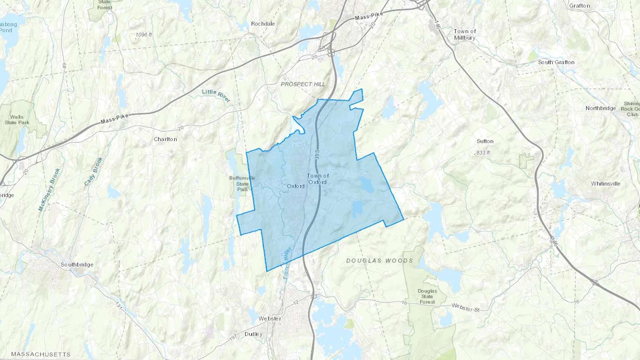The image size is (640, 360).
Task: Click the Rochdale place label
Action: tap(263, 24)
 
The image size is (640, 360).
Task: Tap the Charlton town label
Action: tap(165, 139)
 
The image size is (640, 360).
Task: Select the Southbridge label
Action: tap(77, 264)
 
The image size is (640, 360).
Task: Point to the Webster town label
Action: tap(270, 318)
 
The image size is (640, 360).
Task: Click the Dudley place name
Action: tap(254, 334)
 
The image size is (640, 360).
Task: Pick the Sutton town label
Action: tap(485, 141)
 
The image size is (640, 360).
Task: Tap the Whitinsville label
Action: tap(606, 184)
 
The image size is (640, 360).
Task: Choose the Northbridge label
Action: tap(601, 108)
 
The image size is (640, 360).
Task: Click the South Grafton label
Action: tap(556, 62)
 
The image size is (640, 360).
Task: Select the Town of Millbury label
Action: tap(465, 34)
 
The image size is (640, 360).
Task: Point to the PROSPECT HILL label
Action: tap(303, 84)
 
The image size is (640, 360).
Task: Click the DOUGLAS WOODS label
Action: tap(380, 260)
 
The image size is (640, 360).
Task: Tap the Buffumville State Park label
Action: tap(242, 183)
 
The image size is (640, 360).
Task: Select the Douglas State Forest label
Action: tap(427, 296)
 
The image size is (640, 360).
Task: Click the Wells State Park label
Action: tap(17, 120)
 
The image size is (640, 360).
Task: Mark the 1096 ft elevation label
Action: tap(144, 35)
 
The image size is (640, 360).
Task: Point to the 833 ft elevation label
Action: tap(483, 152)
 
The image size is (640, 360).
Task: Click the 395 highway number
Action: tap(317, 155)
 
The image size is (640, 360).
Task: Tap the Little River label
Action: tap(216, 95)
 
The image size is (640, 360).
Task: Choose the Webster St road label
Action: tap(465, 307)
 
